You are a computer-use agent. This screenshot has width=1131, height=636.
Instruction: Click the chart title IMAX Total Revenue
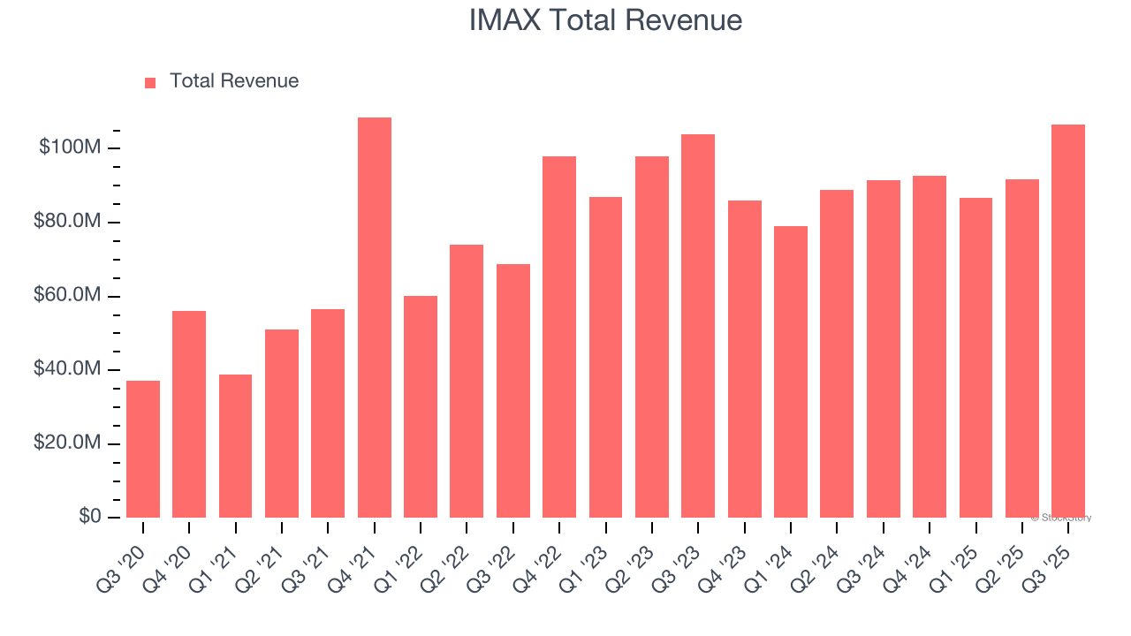(605, 19)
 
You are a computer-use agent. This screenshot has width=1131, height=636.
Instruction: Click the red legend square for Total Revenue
(150, 82)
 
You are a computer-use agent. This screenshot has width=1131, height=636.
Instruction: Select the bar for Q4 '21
(374, 317)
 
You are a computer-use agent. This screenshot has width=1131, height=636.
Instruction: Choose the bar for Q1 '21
(235, 445)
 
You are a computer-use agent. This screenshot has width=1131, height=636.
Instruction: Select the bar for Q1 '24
(790, 371)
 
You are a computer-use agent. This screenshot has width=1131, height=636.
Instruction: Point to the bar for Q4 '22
(559, 337)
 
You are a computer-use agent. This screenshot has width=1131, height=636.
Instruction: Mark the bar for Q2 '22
(467, 381)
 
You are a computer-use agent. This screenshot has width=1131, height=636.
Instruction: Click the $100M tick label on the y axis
(69, 148)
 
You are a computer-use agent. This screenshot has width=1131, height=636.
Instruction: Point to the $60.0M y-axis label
(66, 295)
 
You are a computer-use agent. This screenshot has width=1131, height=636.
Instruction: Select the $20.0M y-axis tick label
(66, 443)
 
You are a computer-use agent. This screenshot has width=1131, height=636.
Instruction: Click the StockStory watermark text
(1061, 518)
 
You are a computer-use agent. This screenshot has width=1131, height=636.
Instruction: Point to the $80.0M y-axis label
(66, 221)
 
